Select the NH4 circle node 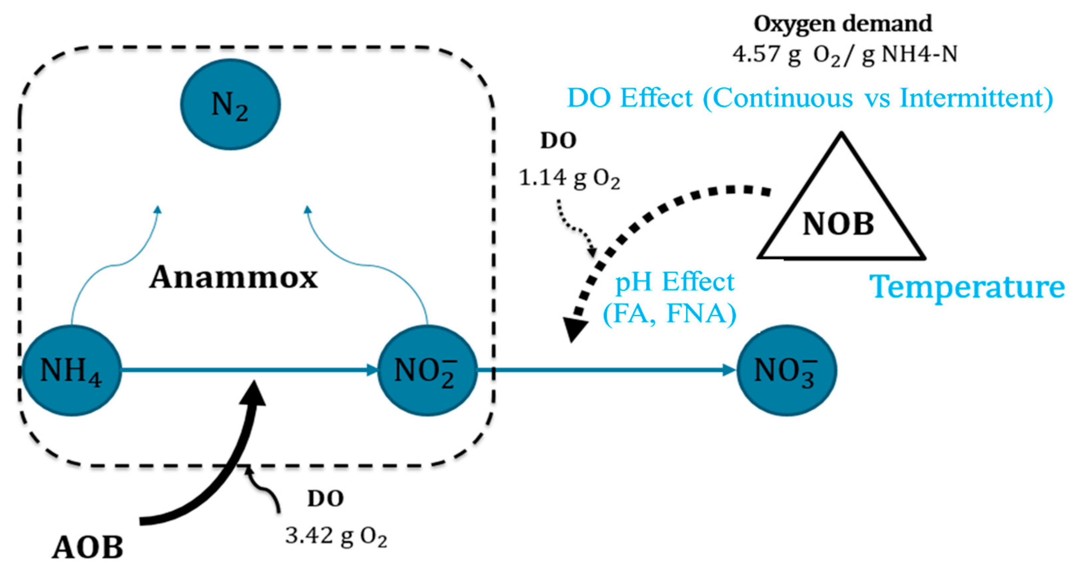(x=71, y=370)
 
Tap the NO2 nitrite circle (x=427, y=370)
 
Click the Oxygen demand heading (x=843, y=24)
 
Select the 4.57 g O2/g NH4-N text (x=845, y=55)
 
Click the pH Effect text (x=674, y=282)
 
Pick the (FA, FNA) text (x=669, y=313)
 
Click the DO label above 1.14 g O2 (x=558, y=141)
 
